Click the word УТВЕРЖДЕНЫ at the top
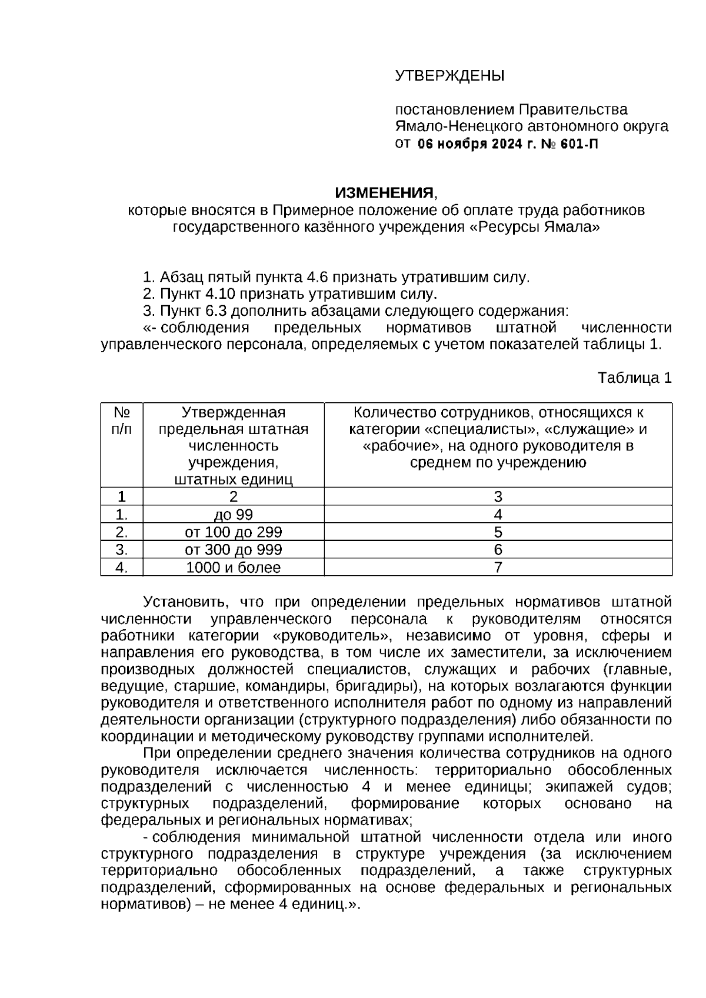[449, 76]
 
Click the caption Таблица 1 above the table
[634, 378]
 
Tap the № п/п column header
[122, 420]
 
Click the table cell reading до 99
[234, 515]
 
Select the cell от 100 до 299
[234, 533]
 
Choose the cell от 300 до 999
[234, 550]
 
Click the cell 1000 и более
[234, 568]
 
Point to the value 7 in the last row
[498, 568]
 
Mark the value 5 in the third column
[498, 533]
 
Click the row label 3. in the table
[122, 550]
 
